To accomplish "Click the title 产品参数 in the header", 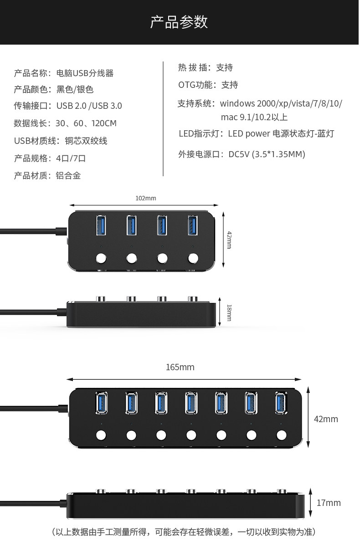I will click(x=179, y=22).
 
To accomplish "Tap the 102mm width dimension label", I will click(x=146, y=198).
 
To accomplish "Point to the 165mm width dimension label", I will click(x=180, y=367).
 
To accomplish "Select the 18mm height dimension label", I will click(x=229, y=313).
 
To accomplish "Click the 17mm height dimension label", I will click(x=329, y=503).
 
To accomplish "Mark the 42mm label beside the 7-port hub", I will click(x=326, y=419).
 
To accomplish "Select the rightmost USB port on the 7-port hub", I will click(x=282, y=403).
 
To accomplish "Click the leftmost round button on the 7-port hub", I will click(x=101, y=435).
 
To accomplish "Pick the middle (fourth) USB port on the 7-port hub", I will click(x=191, y=403).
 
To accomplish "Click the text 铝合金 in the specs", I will click(x=68, y=176).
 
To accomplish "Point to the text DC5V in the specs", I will click(x=239, y=154).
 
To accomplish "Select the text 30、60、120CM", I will click(x=86, y=123).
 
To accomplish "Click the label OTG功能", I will click(x=196, y=85).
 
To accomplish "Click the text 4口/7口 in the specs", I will click(x=71, y=158).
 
